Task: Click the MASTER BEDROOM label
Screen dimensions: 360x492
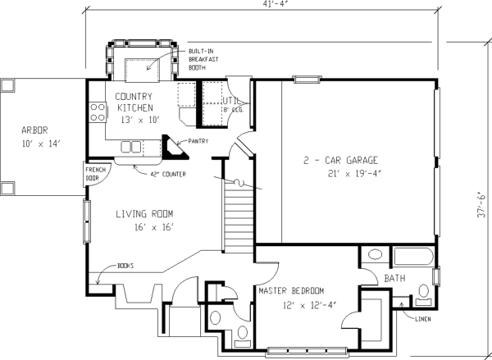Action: pos(292,291)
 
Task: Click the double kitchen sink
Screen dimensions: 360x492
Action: pos(131,147)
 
